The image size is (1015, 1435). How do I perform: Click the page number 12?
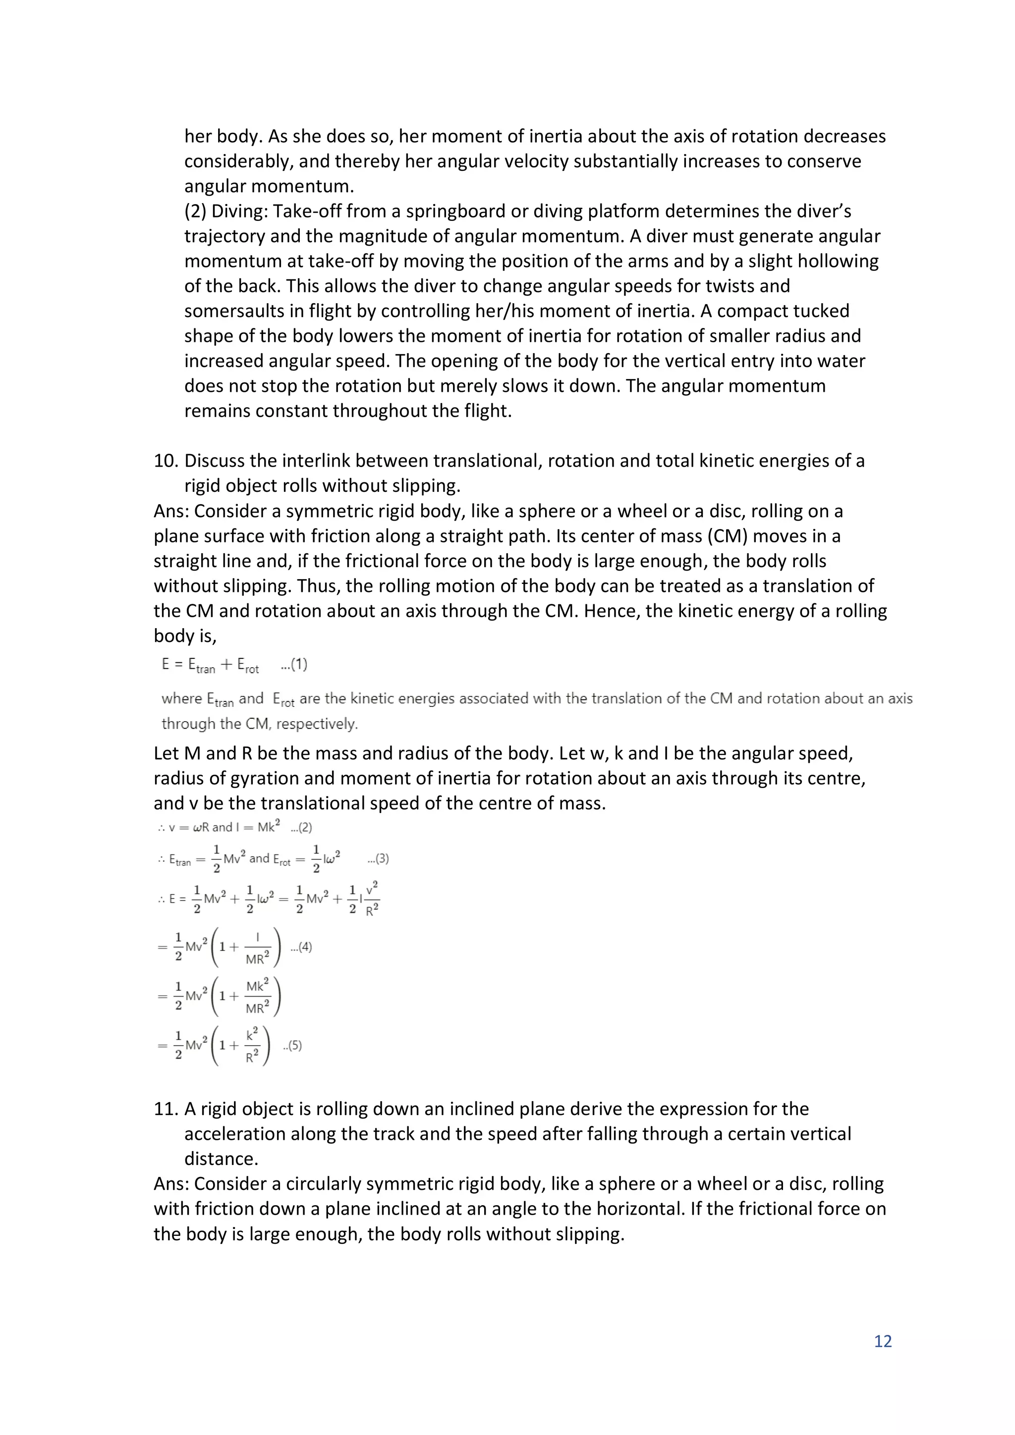click(882, 1341)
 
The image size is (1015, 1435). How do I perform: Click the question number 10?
click(167, 461)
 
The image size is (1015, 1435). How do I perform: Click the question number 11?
click(167, 1109)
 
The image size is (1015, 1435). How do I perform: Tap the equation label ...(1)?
click(294, 664)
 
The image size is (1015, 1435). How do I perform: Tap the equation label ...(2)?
click(301, 828)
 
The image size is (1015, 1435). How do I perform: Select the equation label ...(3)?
click(378, 859)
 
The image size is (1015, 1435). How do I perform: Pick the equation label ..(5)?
click(292, 1046)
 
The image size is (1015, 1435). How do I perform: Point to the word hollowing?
click(834, 261)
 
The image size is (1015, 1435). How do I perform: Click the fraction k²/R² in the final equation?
click(251, 1045)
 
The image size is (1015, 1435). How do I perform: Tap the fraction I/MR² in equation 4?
click(257, 947)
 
